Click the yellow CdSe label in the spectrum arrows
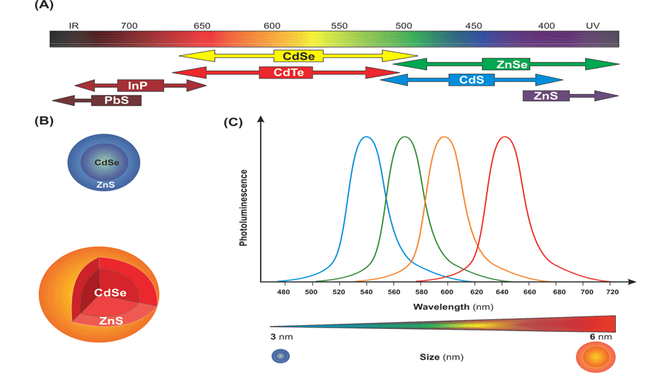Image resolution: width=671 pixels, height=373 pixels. (x=298, y=56)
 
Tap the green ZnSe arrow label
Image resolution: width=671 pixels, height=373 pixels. (x=505, y=64)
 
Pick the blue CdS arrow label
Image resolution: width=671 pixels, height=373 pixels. (x=471, y=80)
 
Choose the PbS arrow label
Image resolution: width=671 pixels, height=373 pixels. (x=116, y=100)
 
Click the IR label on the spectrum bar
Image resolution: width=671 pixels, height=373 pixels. (x=74, y=25)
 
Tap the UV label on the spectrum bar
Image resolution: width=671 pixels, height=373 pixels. (x=593, y=25)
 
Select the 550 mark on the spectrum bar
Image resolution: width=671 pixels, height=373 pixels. (x=339, y=25)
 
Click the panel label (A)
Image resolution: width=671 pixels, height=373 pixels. (x=45, y=6)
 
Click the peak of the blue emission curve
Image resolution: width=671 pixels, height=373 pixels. (x=366, y=137)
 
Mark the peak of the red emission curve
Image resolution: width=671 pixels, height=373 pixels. (x=505, y=137)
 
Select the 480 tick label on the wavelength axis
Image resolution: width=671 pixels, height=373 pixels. (x=283, y=293)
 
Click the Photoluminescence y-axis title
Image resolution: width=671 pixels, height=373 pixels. (x=244, y=207)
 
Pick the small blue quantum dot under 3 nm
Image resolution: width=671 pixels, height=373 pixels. (x=281, y=357)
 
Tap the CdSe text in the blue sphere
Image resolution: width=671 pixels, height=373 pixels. (x=107, y=162)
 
